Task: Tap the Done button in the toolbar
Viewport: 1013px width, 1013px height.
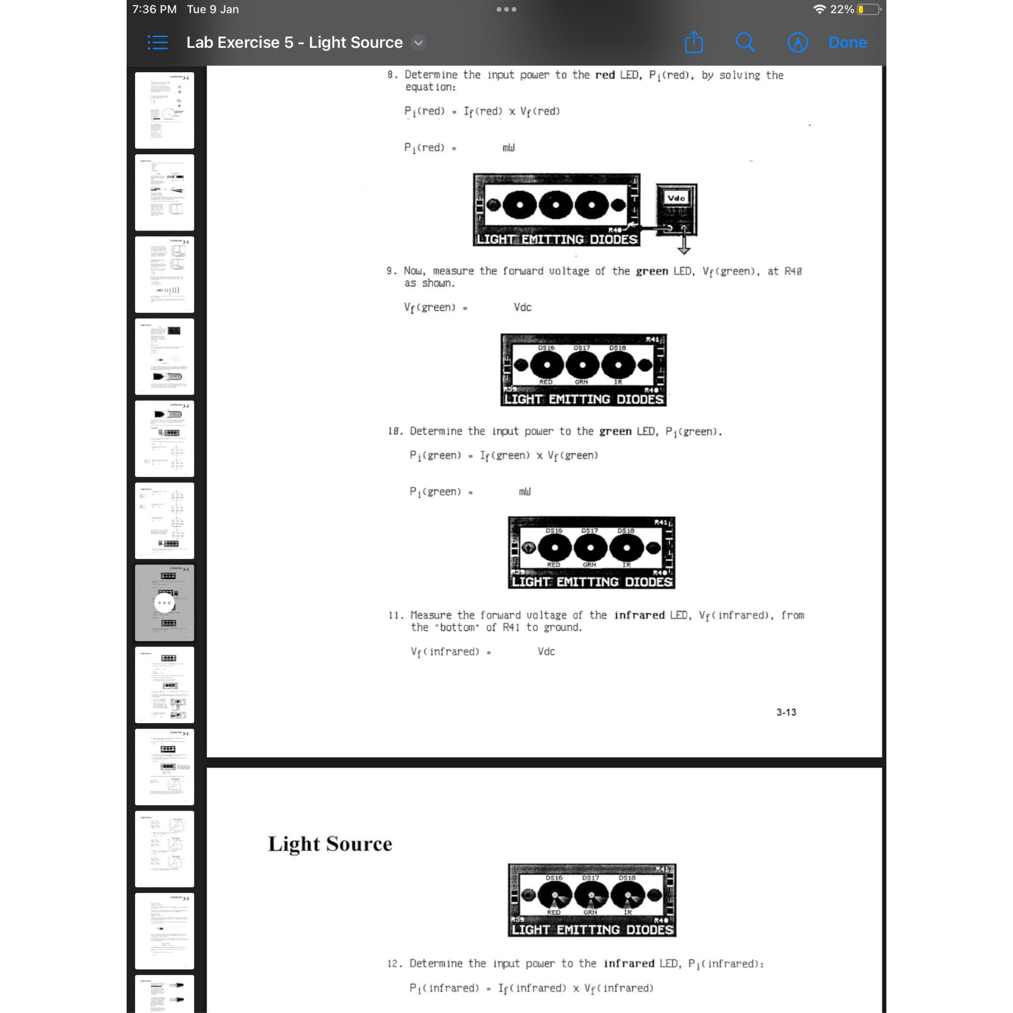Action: coord(847,43)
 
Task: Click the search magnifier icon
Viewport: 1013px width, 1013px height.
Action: coord(744,43)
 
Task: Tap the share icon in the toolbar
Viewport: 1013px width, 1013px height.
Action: coord(693,42)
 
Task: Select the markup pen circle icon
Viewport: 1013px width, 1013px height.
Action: coord(797,43)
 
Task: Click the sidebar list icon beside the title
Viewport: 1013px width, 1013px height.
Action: coord(157,43)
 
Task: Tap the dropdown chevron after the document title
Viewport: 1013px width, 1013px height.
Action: coord(418,43)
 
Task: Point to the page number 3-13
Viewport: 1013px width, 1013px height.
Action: coord(786,712)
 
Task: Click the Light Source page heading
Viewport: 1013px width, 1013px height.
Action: coord(330,844)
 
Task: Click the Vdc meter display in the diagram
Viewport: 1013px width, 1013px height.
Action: coord(676,198)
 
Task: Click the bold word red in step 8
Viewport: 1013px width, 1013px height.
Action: coord(604,75)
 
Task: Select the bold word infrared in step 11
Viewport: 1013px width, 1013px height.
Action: coord(639,615)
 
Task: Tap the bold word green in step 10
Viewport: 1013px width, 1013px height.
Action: coord(614,431)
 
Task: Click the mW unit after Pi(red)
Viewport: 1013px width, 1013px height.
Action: coord(508,148)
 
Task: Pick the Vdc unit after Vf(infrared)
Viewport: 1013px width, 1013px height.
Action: coord(546,651)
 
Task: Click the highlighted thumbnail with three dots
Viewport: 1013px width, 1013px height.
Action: coord(164,602)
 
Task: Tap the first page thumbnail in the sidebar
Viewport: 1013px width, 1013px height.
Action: coord(164,110)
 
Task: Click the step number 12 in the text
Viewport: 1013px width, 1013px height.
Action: coord(393,964)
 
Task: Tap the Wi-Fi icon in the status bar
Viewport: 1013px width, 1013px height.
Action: coord(819,9)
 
